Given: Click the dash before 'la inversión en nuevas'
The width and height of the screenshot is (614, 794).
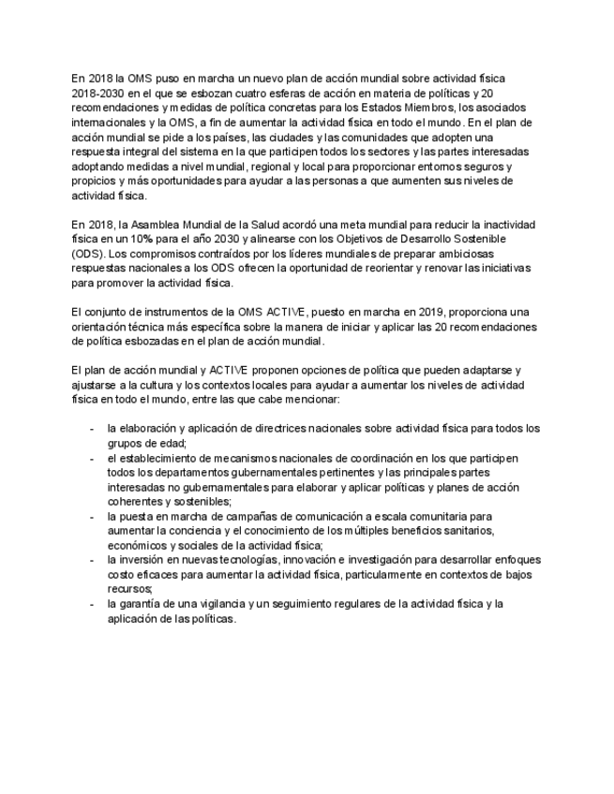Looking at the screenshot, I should [92, 559].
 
